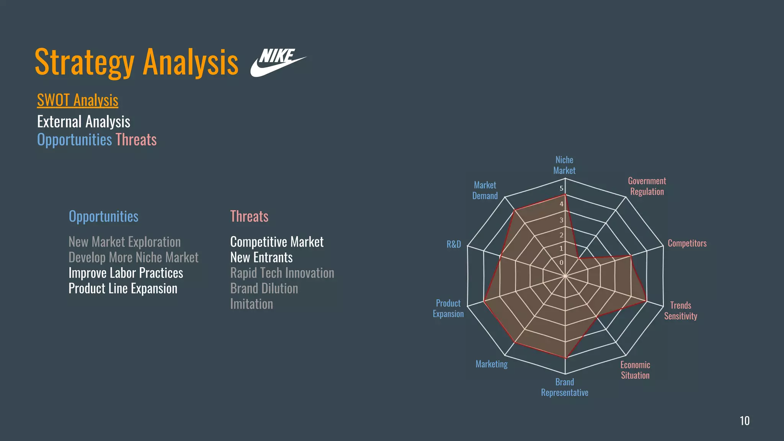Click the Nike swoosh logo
point(278,62)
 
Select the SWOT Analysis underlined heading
point(78,100)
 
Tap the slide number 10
point(745,421)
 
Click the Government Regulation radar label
point(647,186)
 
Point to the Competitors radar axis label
point(687,243)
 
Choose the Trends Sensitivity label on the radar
point(681,311)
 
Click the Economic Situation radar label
point(635,370)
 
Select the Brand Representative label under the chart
point(565,387)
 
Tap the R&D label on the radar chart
point(454,244)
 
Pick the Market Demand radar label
point(485,191)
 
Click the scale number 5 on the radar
point(562,188)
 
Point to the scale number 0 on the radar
point(562,263)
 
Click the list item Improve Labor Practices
point(126,273)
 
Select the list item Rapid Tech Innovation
point(282,273)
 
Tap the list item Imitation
point(252,304)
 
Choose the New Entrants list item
point(261,258)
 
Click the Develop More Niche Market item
point(133,258)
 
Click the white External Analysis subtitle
point(83,122)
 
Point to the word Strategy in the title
point(85,62)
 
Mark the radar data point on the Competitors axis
point(631,256)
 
